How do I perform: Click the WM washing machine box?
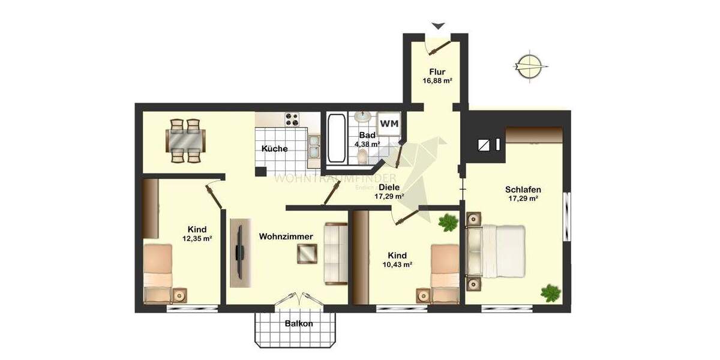tap(389, 124)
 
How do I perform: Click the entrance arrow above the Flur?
tap(439, 26)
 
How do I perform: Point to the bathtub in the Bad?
tap(335, 139)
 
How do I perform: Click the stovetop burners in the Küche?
tap(292, 119)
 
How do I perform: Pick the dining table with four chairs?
tap(185, 141)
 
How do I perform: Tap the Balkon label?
tap(299, 324)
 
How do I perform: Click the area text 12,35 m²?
tap(197, 238)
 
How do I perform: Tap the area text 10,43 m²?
tap(397, 265)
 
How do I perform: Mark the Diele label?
tap(388, 187)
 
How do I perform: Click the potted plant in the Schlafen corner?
tap(550, 293)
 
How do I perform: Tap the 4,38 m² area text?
tap(367, 144)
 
